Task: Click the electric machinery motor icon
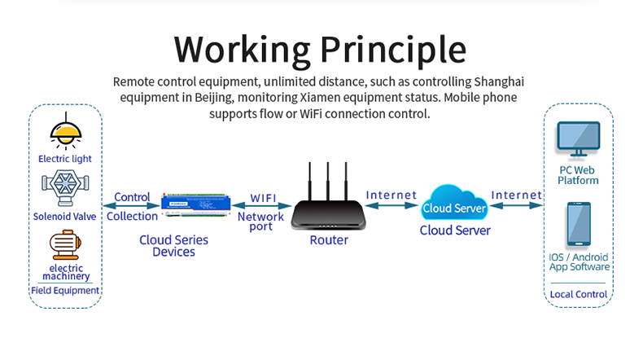point(65,245)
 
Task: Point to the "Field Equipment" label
point(65,290)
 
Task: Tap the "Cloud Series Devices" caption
point(173,246)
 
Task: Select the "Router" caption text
point(329,240)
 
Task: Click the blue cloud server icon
point(455,207)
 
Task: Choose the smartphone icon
point(578,226)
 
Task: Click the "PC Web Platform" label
point(578,175)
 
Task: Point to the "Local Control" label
point(578,293)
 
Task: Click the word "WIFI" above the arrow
point(263,198)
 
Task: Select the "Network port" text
point(260,222)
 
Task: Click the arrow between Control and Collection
point(131,206)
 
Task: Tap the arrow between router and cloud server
point(391,206)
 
